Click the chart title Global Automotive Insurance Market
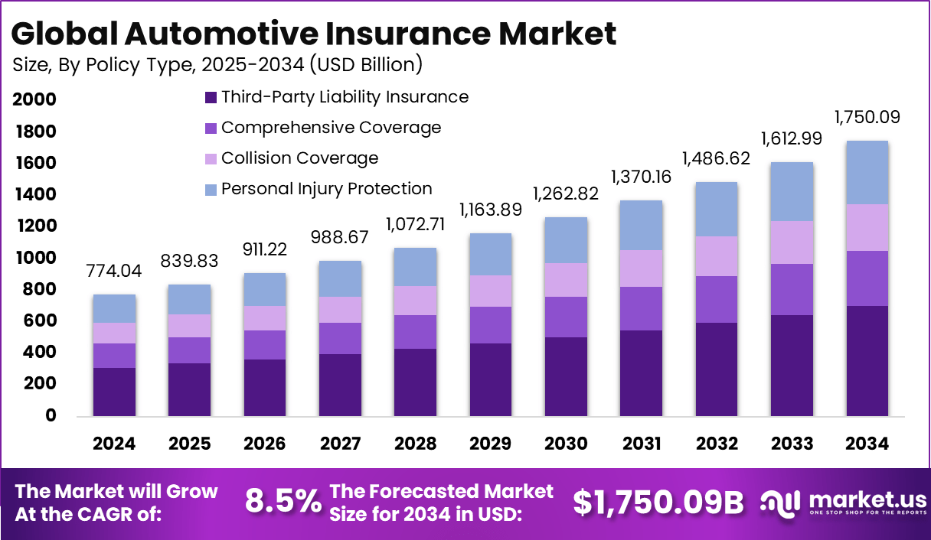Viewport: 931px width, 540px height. point(314,34)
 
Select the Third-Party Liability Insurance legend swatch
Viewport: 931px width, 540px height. point(211,98)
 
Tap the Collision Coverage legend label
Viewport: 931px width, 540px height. point(299,158)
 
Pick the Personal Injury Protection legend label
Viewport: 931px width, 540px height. point(326,189)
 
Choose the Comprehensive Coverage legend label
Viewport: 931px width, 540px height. point(331,128)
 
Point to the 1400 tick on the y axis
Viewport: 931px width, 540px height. point(34,195)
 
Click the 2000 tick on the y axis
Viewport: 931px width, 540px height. point(34,100)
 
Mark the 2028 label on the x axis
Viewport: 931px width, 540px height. point(416,444)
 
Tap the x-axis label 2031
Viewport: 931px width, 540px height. point(642,444)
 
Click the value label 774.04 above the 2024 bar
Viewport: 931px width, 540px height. point(114,272)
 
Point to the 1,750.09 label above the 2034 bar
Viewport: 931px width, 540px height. point(867,118)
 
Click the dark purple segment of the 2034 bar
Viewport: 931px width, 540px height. point(867,361)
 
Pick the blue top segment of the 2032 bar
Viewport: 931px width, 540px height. point(717,209)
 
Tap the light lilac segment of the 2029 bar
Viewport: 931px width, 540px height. point(491,291)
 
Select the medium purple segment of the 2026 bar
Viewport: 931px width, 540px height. point(265,345)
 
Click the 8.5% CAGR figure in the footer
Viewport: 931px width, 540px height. point(283,502)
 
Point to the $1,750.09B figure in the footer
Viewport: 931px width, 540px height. point(658,502)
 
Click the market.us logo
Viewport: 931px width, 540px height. point(842,502)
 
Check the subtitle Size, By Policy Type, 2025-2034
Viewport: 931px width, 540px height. point(217,65)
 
